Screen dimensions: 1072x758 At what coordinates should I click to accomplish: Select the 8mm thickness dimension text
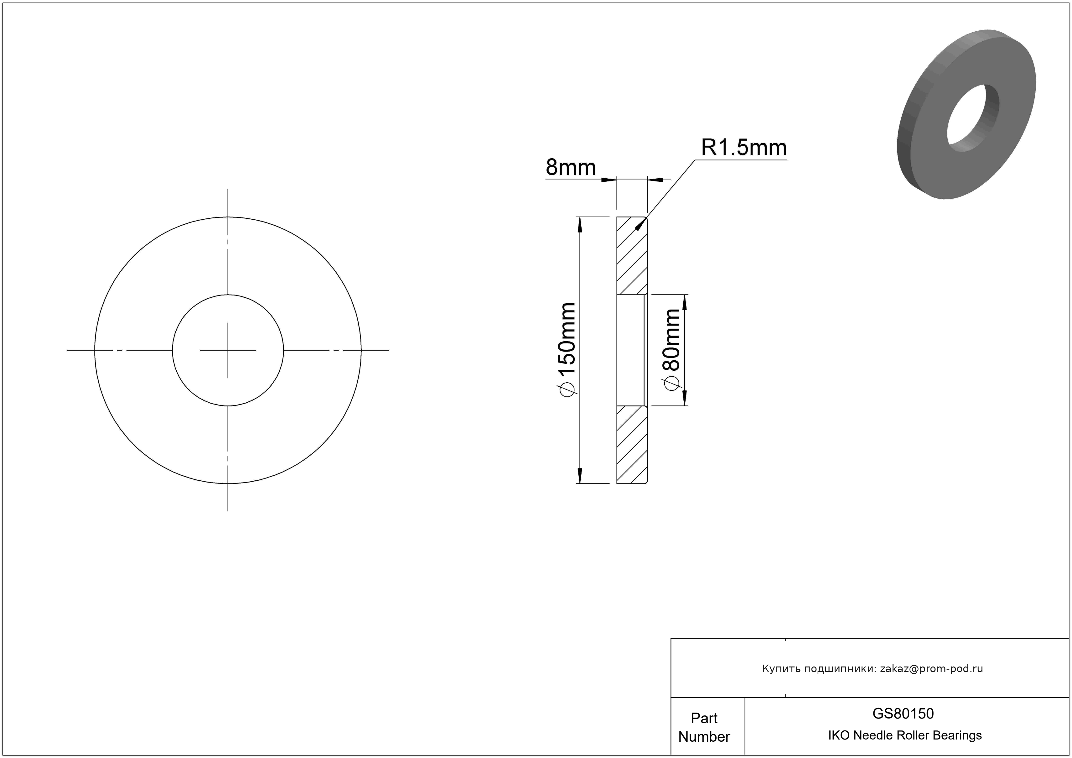[571, 167]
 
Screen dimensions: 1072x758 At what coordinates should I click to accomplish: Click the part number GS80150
[903, 713]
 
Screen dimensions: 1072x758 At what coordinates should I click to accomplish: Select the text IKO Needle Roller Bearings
[905, 735]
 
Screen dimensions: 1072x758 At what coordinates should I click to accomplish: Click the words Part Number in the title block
[704, 727]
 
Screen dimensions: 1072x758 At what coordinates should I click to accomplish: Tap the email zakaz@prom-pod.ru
[931, 669]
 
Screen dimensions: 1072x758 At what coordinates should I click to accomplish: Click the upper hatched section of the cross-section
[632, 256]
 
